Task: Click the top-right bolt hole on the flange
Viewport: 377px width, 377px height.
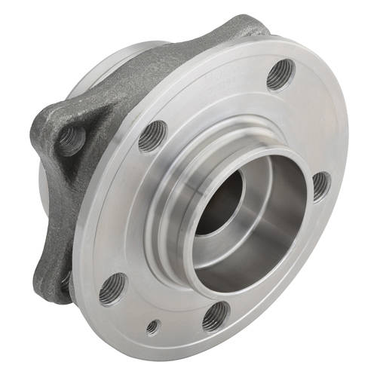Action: [280, 72]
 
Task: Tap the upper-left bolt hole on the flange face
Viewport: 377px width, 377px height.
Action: [153, 136]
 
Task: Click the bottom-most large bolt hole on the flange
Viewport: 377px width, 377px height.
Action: [216, 316]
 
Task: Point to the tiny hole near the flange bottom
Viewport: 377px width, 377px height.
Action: [154, 327]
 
